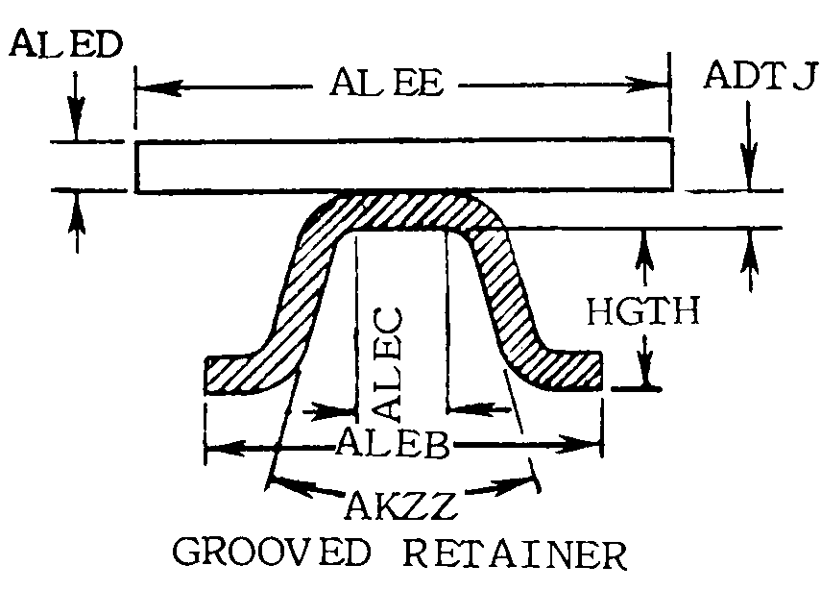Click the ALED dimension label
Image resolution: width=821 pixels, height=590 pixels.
(x=63, y=46)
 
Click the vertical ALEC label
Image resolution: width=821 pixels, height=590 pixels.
(x=388, y=364)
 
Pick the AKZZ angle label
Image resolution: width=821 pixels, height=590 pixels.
(x=400, y=502)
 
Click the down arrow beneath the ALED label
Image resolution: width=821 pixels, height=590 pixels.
(x=76, y=126)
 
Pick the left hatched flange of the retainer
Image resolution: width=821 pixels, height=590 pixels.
(x=240, y=373)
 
